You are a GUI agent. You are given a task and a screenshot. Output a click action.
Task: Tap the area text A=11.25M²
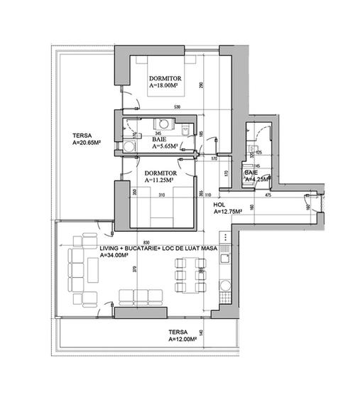coord(160,180)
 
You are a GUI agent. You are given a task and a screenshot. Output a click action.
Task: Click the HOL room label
coord(219,203)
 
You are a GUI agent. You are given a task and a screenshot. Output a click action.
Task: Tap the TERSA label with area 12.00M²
coord(183,340)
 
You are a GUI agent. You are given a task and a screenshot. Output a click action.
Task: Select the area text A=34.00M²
coord(117,254)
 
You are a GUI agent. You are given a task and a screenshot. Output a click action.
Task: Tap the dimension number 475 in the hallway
coord(269,194)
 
